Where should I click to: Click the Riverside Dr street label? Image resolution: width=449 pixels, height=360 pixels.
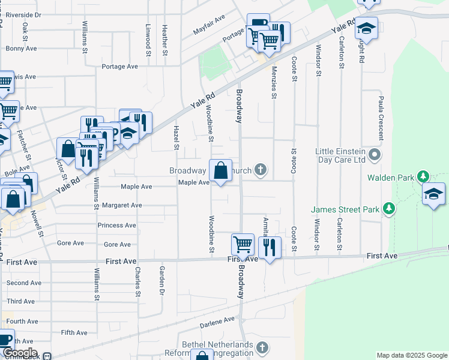pos(22,14)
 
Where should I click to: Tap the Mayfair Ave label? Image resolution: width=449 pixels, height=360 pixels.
pos(208,25)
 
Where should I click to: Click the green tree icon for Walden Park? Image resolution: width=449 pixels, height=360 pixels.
pos(424,176)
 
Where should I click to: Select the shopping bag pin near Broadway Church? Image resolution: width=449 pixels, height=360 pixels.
pos(220,170)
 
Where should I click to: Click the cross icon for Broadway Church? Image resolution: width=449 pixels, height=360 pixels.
pos(261,170)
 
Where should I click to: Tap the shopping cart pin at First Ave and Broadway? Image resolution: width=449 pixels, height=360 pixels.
pos(243,245)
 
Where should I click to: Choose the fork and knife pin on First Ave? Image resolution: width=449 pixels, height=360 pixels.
pos(270,247)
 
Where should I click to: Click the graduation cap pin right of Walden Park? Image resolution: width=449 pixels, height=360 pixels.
pos(433,194)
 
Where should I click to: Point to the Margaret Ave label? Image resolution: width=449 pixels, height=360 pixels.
pos(122,205)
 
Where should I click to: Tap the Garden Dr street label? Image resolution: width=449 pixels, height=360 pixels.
pos(161,281)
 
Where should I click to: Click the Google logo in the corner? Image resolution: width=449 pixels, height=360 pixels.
pos(20,353)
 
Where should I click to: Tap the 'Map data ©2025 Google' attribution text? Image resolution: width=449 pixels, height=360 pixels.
pos(412,355)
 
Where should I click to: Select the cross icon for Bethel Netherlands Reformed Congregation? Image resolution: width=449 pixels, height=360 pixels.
pos(262,347)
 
